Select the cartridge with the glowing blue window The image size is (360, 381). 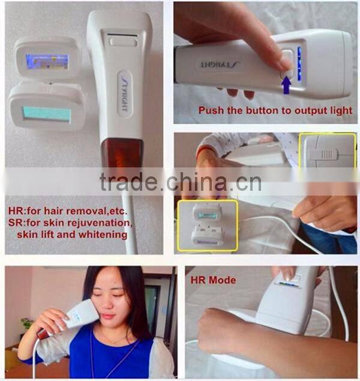[47, 60]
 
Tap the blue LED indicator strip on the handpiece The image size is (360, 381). [299, 64]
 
